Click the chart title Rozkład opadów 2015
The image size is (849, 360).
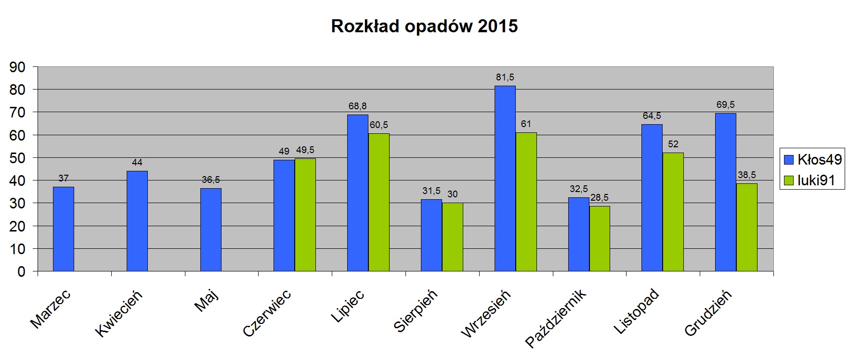(424, 26)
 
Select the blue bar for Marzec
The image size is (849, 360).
(64, 229)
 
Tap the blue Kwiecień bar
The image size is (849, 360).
(137, 221)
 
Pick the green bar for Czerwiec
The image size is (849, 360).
(305, 215)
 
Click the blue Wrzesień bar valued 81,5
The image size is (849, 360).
(505, 179)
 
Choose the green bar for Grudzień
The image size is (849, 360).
(747, 227)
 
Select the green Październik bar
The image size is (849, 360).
(600, 239)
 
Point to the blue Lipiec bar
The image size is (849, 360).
(358, 193)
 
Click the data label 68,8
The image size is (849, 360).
(358, 106)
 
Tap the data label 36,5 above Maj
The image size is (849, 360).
(211, 180)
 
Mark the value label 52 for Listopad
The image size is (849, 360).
(673, 144)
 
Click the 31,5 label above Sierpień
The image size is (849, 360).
(431, 191)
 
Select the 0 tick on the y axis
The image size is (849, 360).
(21, 272)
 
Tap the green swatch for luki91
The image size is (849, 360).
(789, 180)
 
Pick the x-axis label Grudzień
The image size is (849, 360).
(708, 313)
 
